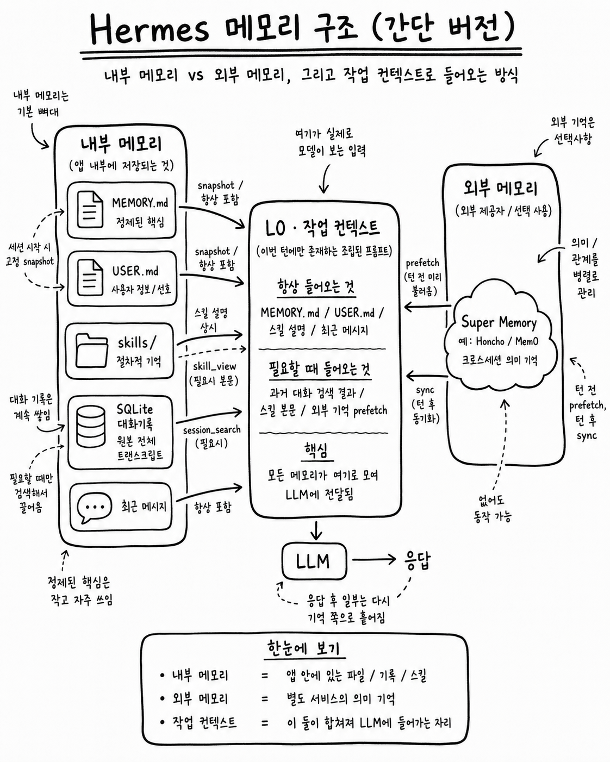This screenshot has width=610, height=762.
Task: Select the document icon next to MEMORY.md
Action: pos(91,210)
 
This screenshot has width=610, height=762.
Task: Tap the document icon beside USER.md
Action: pos(91,278)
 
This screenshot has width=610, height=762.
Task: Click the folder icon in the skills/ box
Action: pos(92,350)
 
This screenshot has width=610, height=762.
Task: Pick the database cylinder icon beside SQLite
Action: pos(91,426)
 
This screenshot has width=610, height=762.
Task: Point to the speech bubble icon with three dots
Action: pos(94,507)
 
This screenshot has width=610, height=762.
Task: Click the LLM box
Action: pos(314,561)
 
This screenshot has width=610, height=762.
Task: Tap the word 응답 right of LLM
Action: pos(418,560)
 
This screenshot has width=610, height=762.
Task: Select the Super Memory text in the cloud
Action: pos(499,323)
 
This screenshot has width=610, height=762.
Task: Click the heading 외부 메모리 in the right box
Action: pos(501,188)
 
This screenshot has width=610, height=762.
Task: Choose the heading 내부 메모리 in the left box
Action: pos(121,144)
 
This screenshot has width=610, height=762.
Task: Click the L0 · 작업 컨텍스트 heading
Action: pos(322,228)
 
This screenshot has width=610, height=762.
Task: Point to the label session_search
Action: pos(212,430)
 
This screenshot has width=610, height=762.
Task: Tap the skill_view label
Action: pos(215,366)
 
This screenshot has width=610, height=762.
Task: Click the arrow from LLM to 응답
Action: pos(374,559)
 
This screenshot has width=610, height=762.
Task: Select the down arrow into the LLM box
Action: pos(316,530)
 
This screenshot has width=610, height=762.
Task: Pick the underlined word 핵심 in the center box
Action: pos(317,451)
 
